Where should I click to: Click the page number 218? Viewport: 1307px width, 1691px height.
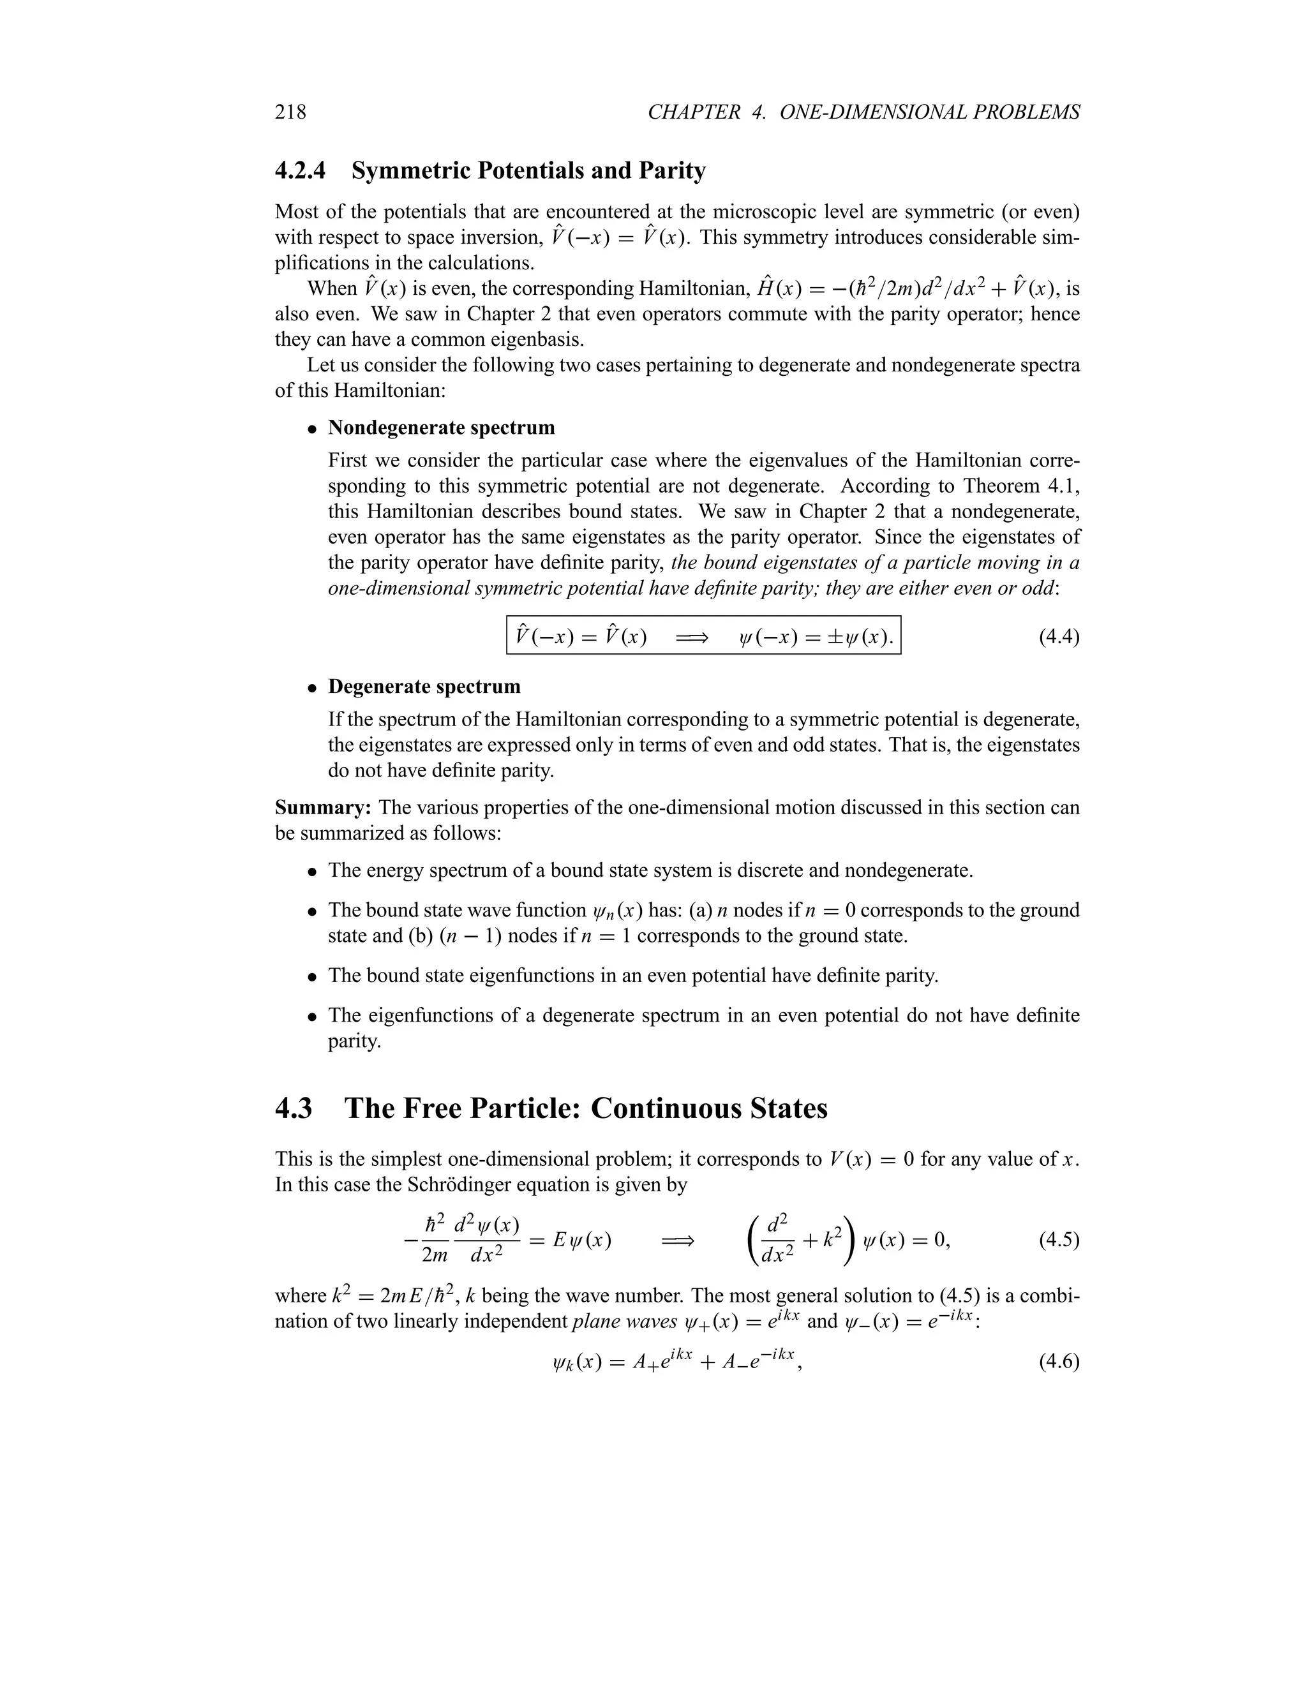pos(290,112)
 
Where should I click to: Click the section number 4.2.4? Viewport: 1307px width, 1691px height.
pos(301,170)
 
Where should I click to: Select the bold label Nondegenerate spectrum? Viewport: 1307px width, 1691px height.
pos(442,428)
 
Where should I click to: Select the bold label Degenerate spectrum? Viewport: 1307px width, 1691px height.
pos(424,687)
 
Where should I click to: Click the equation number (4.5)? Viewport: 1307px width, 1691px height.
pos(1059,1240)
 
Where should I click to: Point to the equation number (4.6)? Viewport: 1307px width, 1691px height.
pos(1059,1361)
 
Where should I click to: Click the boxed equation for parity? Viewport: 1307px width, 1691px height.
pos(703,636)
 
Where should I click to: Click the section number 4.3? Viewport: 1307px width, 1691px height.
pos(294,1108)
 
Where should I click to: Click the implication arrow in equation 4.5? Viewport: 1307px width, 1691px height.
pos(678,1241)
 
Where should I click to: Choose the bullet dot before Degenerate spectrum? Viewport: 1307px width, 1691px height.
pos(312,687)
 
